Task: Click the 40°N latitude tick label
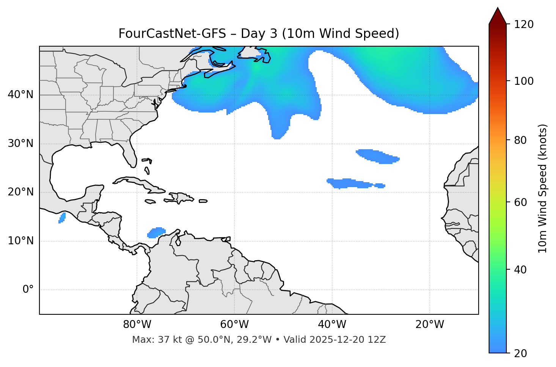click(x=20, y=95)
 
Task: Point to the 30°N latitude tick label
click(x=20, y=144)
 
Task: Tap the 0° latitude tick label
click(x=28, y=290)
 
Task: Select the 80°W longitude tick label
click(x=137, y=325)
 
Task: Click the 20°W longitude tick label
click(x=430, y=325)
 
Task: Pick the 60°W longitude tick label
click(x=234, y=325)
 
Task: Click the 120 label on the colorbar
click(x=524, y=24)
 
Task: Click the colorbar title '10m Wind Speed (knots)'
click(x=543, y=188)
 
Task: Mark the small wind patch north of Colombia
click(x=156, y=233)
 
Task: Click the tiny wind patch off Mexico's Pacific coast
click(x=62, y=217)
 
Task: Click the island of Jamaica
click(x=151, y=201)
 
